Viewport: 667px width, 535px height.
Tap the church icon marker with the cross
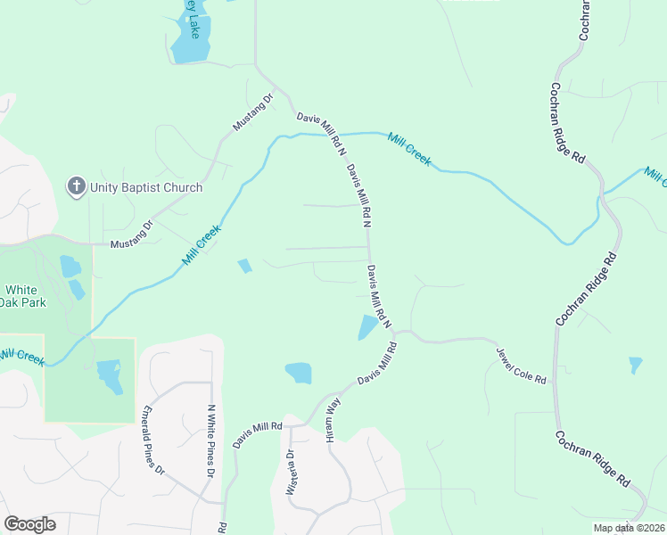(77, 186)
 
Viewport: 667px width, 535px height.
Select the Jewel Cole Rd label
(521, 366)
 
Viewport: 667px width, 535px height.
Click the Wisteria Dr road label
(290, 471)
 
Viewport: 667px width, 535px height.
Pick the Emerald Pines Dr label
(153, 439)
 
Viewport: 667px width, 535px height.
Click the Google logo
(29, 523)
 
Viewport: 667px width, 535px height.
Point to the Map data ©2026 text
(629, 528)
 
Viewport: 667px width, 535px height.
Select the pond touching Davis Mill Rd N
(366, 327)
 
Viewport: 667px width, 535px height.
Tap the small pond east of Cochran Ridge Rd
(635, 365)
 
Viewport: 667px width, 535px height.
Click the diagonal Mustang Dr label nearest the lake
(252, 113)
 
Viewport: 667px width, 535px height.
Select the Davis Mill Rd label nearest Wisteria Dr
(257, 434)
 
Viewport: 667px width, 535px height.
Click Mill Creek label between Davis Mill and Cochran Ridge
(409, 149)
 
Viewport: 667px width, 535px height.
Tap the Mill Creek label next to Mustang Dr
(201, 245)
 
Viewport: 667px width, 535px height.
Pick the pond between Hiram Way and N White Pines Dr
(298, 373)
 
